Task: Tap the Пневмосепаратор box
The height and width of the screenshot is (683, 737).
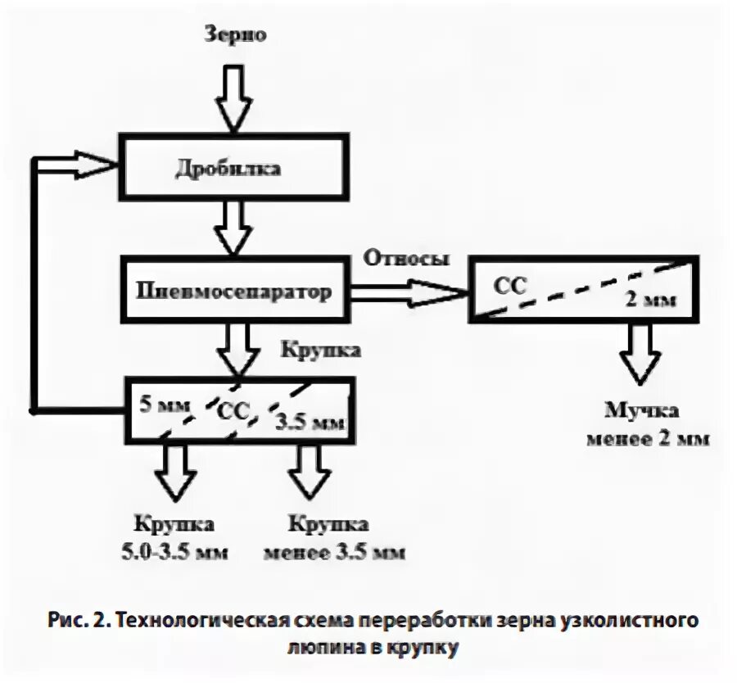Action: click(237, 291)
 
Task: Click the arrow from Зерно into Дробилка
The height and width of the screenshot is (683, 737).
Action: click(234, 98)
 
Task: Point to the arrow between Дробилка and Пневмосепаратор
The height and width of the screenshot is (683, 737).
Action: click(234, 227)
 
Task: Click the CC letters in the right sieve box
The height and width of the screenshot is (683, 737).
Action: click(509, 285)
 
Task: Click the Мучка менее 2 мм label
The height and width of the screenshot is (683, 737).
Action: click(646, 425)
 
